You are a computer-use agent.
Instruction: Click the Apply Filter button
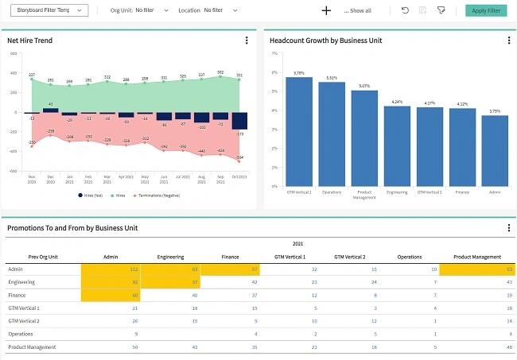(485, 10)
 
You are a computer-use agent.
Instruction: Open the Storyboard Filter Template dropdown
(49, 10)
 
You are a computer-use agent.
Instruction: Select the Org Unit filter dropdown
(151, 10)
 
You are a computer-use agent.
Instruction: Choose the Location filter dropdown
(219, 10)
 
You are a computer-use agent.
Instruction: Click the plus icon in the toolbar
(325, 10)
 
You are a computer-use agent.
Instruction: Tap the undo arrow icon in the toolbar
(406, 10)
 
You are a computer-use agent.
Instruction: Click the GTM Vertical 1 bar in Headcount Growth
(299, 131)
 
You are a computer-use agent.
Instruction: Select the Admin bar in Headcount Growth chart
(495, 150)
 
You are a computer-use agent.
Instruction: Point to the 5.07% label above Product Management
(364, 86)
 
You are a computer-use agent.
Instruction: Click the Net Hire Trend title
(30, 40)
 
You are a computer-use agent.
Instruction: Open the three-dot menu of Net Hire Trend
(247, 41)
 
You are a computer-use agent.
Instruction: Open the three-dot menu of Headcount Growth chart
(508, 41)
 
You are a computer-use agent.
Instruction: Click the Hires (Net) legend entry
(92, 195)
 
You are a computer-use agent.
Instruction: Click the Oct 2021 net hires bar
(239, 121)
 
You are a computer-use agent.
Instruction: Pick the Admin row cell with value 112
(111, 269)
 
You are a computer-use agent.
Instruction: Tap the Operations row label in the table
(21, 334)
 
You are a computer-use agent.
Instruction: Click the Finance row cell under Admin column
(111, 295)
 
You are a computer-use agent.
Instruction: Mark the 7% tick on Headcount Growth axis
(274, 53)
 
